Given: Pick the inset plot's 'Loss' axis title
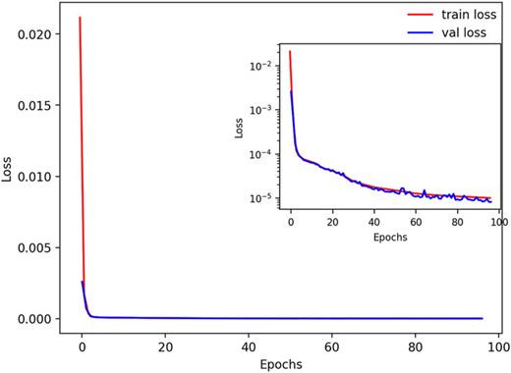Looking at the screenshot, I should pyautogui.click(x=241, y=128).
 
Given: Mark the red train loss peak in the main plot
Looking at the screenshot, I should pyautogui.click(x=80, y=18).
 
